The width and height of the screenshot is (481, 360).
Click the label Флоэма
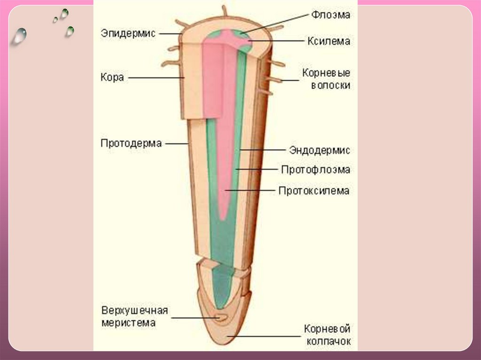(x=330, y=15)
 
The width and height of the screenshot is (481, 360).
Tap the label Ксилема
(x=329, y=41)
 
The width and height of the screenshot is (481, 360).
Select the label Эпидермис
(x=128, y=33)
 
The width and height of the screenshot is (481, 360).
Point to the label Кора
(x=112, y=77)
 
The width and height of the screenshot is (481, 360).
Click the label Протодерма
(x=131, y=143)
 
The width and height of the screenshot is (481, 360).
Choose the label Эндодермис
(x=319, y=150)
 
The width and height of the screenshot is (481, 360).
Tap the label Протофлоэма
(x=316, y=169)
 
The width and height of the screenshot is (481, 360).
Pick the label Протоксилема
(x=314, y=191)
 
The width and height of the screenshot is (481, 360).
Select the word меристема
(x=128, y=322)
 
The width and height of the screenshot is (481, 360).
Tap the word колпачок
(x=328, y=341)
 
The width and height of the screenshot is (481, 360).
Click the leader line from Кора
(x=155, y=77)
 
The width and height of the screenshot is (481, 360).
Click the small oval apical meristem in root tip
(x=221, y=318)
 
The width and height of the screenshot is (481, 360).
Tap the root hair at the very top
(x=225, y=10)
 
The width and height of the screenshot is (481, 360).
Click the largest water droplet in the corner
(x=20, y=36)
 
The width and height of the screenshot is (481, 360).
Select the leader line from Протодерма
(x=177, y=143)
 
